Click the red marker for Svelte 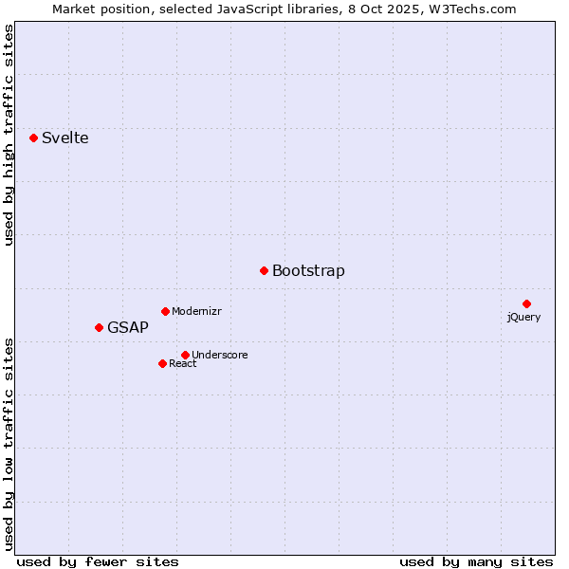pyautogui.click(x=33, y=138)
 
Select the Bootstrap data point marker pyautogui.click(x=264, y=270)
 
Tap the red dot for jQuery pyautogui.click(x=526, y=303)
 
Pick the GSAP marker pyautogui.click(x=99, y=327)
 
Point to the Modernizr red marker pyautogui.click(x=165, y=311)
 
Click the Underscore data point pyautogui.click(x=185, y=355)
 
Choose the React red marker pyautogui.click(x=162, y=363)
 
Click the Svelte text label pyautogui.click(x=64, y=138)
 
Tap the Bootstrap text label pyautogui.click(x=308, y=271)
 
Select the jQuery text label pyautogui.click(x=523, y=317)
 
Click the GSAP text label pyautogui.click(x=128, y=328)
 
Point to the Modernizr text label pyautogui.click(x=196, y=312)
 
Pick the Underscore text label pyautogui.click(x=220, y=356)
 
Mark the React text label pyautogui.click(x=183, y=364)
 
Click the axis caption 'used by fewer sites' pyautogui.click(x=98, y=561)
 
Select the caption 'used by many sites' pyautogui.click(x=476, y=561)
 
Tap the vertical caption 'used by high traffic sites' pyautogui.click(x=9, y=135)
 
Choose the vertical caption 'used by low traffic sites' pyautogui.click(x=9, y=443)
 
